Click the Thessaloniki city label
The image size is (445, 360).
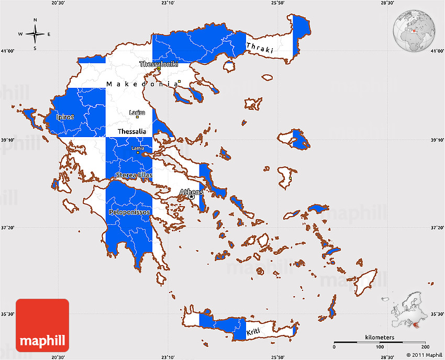(159, 64)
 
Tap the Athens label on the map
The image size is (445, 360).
(191, 192)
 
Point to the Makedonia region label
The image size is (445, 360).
(141, 84)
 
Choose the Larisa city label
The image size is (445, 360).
(137, 112)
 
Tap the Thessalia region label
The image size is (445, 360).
(132, 131)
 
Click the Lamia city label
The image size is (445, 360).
(138, 148)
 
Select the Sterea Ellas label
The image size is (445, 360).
(133, 175)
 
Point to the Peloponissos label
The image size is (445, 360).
(129, 212)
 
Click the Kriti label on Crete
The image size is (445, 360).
(253, 333)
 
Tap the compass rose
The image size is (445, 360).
(35, 35)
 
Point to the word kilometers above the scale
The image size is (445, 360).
(380, 338)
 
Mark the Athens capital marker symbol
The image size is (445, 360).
(192, 197)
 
